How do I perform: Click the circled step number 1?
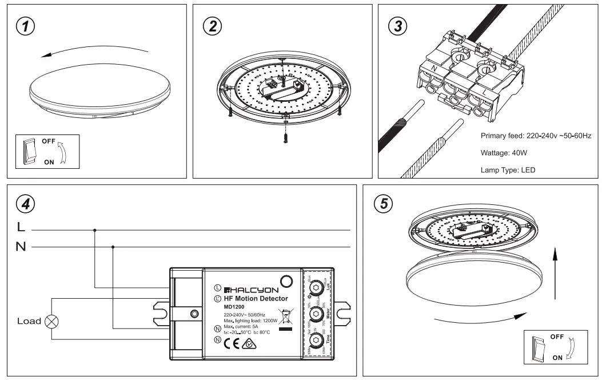(x=25, y=26)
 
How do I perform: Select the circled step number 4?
(x=25, y=204)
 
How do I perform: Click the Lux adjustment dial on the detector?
(x=314, y=286)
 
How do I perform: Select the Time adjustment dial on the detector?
(x=314, y=341)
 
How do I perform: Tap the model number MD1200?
(x=234, y=307)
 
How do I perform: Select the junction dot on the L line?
(x=94, y=230)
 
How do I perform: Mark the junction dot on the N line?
(x=113, y=247)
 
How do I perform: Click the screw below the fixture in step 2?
(x=284, y=136)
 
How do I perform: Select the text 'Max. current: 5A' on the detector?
(x=244, y=327)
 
